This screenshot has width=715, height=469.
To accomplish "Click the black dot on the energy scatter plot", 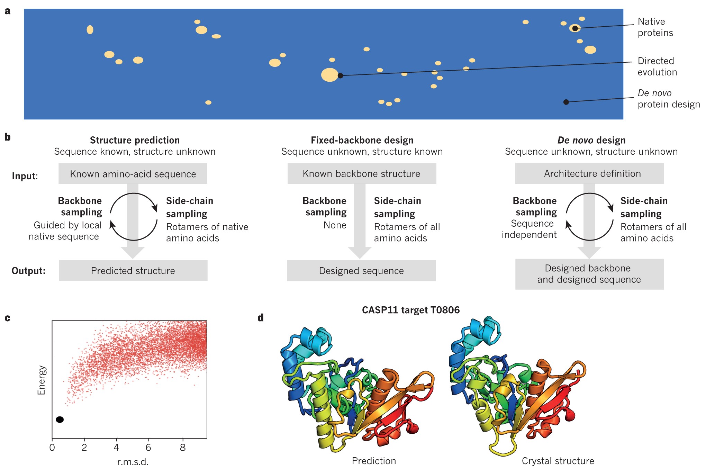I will pyautogui.click(x=60, y=420).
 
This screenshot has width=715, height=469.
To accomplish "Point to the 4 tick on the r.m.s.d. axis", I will pyautogui.click(x=116, y=447).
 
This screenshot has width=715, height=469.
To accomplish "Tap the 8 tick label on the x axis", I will pyautogui.click(x=183, y=447).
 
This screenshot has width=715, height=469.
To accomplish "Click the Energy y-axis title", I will pyautogui.click(x=41, y=380).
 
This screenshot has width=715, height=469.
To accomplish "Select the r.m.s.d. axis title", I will pyautogui.click(x=133, y=462).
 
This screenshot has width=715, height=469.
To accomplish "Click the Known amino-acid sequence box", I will pyautogui.click(x=133, y=174).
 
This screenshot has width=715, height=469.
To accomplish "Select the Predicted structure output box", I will pyautogui.click(x=133, y=271).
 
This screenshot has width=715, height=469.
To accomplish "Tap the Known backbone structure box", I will pyautogui.click(x=362, y=173).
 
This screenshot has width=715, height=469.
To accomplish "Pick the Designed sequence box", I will pyautogui.click(x=361, y=271).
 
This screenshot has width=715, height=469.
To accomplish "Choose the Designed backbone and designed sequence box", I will pyautogui.click(x=589, y=274).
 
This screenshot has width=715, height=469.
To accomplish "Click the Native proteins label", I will pyautogui.click(x=655, y=27).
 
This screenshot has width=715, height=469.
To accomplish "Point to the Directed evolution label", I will pyautogui.click(x=657, y=66).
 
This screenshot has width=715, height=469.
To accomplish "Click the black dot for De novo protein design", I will pyautogui.click(x=566, y=102).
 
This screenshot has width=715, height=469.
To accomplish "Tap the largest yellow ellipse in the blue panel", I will pyautogui.click(x=329, y=75).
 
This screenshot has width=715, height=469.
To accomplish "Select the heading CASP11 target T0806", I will pyautogui.click(x=411, y=310).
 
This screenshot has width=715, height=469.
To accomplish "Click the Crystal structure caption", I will pyautogui.click(x=558, y=461).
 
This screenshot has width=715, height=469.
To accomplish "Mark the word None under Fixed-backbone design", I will pyautogui.click(x=335, y=225).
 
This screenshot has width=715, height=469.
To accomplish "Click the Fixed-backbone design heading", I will pyautogui.click(x=362, y=140).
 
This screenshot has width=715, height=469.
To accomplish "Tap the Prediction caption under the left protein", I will pyautogui.click(x=374, y=461).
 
